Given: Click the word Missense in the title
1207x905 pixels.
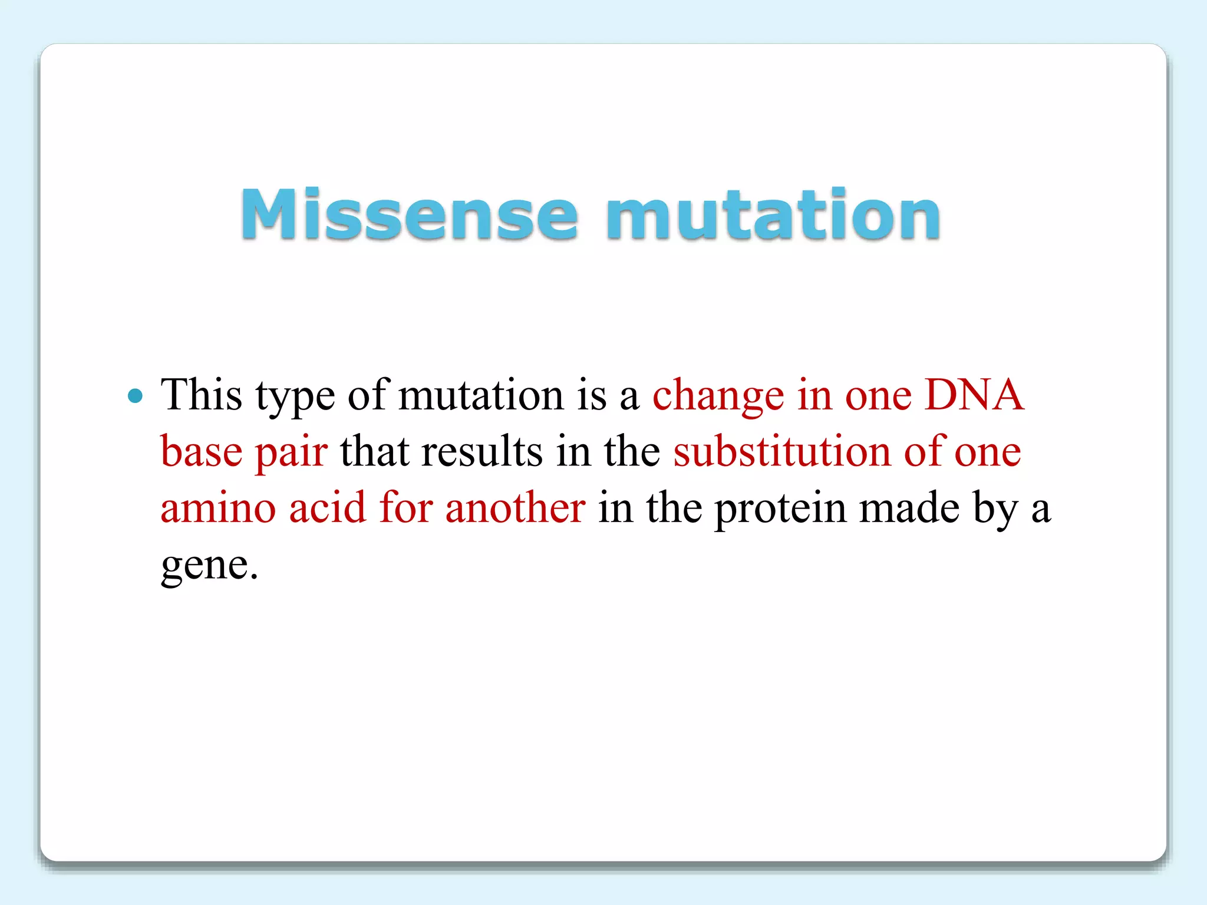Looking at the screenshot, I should click(x=409, y=214).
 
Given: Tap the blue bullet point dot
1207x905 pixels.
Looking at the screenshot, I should click(x=136, y=395).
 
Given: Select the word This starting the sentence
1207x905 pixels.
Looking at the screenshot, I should click(x=202, y=394).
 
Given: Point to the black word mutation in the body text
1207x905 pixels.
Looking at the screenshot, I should click(x=481, y=394).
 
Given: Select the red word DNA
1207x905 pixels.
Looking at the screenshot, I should click(x=974, y=394).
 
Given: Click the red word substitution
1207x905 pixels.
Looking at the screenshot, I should click(x=781, y=451).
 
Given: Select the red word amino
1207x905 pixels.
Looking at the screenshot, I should click(x=218, y=508).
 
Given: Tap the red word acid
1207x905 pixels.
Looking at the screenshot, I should click(x=327, y=507).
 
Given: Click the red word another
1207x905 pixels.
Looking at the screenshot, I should click(x=515, y=507).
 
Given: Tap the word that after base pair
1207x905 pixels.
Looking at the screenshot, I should click(x=374, y=451).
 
